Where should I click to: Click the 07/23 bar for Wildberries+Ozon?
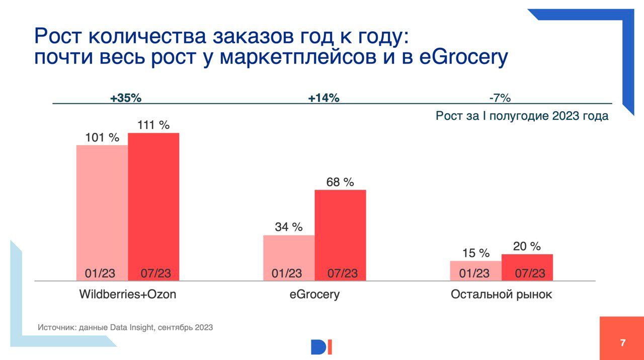[x=153, y=206]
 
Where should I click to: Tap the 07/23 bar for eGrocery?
[x=340, y=235]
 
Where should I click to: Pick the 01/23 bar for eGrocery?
[x=289, y=257]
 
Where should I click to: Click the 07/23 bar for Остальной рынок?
[x=527, y=267]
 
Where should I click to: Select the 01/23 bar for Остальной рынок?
[x=476, y=270]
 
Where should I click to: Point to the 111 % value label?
[x=153, y=125]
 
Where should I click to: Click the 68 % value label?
[x=340, y=182]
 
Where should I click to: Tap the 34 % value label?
[x=289, y=227]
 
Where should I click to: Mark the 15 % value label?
[x=476, y=253]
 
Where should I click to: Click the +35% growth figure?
[x=126, y=98]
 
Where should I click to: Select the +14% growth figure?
[x=324, y=98]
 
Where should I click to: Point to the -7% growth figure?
[x=500, y=98]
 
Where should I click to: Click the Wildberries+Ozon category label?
[x=128, y=294]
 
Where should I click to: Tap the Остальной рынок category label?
[x=501, y=294]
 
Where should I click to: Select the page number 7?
[x=623, y=343]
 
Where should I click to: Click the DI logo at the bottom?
[x=321, y=347]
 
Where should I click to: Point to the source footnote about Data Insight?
[x=125, y=327]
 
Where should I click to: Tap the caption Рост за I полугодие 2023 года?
[x=522, y=116]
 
